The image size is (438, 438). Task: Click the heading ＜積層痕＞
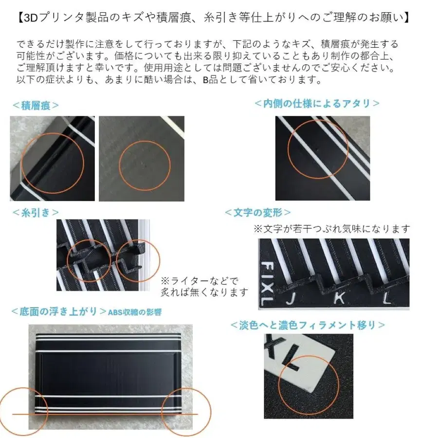click(35, 105)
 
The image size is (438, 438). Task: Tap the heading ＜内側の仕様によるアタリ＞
click(317, 103)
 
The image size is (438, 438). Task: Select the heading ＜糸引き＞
click(35, 212)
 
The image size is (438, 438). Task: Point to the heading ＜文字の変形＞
click(258, 213)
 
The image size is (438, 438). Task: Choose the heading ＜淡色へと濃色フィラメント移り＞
click(308, 325)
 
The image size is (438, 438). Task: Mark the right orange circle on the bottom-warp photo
click(186, 411)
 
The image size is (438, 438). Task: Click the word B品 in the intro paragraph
click(211, 79)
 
